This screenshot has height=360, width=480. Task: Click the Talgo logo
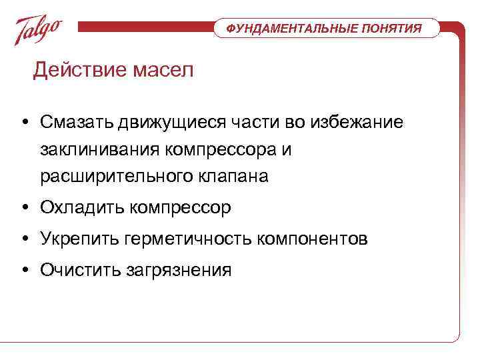tap(39, 29)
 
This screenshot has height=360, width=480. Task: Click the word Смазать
tap(77, 122)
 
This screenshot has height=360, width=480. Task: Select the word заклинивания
tap(99, 149)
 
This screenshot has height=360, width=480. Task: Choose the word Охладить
tap(79, 208)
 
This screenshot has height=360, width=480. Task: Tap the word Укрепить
tap(79, 239)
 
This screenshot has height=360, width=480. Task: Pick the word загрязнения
tap(179, 270)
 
